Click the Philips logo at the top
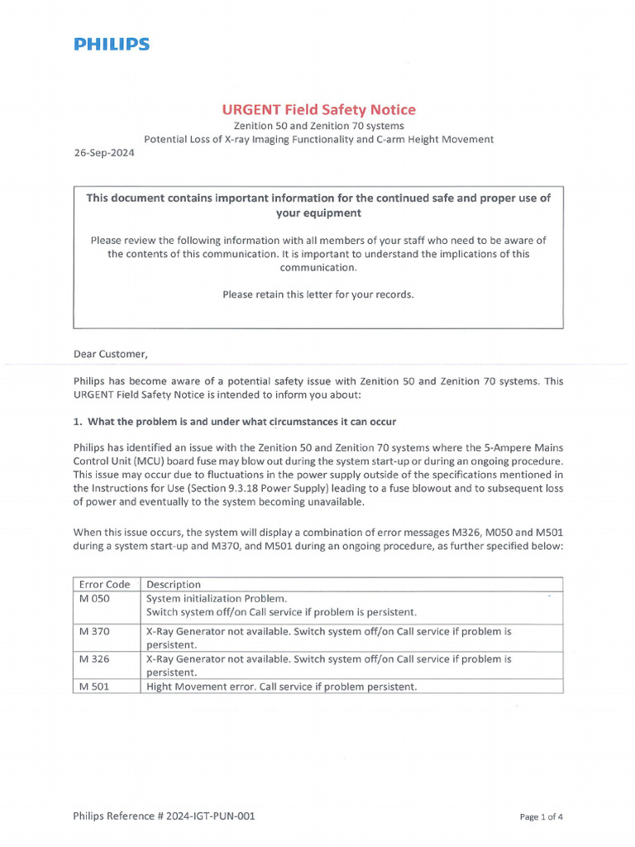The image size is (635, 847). click(x=112, y=45)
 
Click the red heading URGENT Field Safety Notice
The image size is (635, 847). click(x=317, y=110)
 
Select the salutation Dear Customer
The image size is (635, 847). click(x=111, y=355)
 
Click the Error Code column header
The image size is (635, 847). click(x=105, y=584)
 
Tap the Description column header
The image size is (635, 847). click(x=173, y=584)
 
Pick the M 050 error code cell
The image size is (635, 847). click(x=94, y=598)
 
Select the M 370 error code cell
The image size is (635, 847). click(x=94, y=631)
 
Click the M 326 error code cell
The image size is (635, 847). click(x=94, y=659)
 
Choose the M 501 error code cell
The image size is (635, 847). click(x=94, y=687)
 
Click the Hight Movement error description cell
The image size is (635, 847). click(x=281, y=687)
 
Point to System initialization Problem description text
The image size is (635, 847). click(x=216, y=598)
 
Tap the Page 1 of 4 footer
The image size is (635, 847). click(x=542, y=816)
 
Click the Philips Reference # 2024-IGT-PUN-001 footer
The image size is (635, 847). click(x=164, y=816)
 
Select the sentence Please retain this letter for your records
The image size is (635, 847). click(x=318, y=294)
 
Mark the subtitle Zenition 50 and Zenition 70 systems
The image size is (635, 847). click(x=317, y=126)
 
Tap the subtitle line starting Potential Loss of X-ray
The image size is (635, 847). click(x=317, y=140)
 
